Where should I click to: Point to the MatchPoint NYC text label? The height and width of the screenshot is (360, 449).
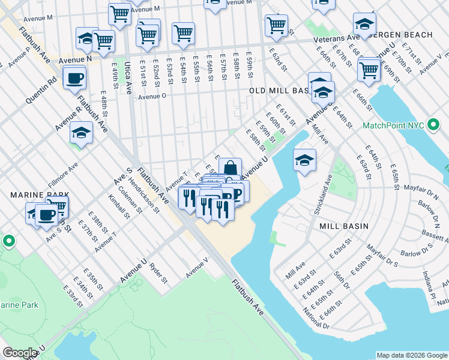click(393, 126)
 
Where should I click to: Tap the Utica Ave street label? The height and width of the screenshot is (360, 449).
click(128, 80)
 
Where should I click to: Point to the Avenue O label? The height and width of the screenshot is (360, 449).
click(152, 95)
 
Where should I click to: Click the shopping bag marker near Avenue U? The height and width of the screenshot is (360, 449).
click(230, 169)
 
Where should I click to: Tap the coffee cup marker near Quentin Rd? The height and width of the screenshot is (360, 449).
click(74, 77)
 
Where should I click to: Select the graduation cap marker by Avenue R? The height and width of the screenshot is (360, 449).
click(81, 133)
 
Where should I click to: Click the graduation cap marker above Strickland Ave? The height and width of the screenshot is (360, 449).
click(304, 160)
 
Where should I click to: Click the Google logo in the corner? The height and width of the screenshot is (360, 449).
click(20, 353)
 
